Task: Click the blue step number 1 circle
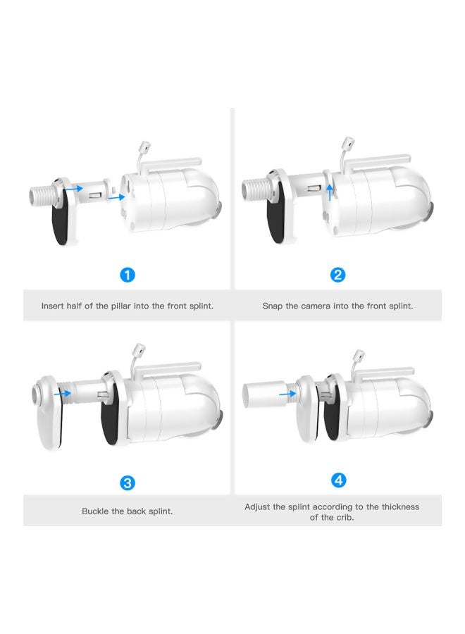click(128, 275)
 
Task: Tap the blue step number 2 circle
click(337, 275)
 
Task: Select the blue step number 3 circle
click(128, 483)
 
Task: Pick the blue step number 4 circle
click(338, 480)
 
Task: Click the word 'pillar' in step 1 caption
click(120, 306)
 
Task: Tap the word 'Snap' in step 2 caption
click(272, 306)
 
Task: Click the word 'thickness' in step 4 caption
click(400, 506)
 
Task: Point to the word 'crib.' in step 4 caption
click(344, 517)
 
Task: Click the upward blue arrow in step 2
click(330, 192)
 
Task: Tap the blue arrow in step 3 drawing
click(62, 392)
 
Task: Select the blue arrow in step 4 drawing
click(287, 393)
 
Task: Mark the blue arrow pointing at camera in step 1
click(116, 197)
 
